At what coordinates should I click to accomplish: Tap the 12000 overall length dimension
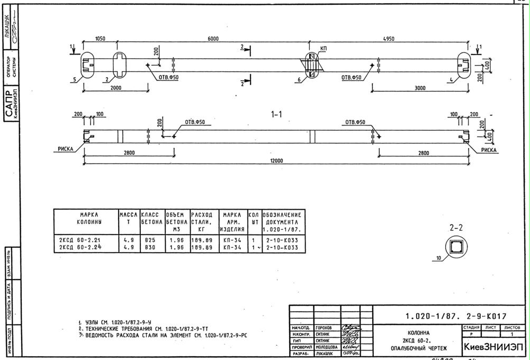[276, 161]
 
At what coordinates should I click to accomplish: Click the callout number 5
[75, 79]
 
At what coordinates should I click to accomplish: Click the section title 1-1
[276, 114]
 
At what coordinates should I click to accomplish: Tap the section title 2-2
[456, 228]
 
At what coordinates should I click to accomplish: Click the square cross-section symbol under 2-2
[455, 247]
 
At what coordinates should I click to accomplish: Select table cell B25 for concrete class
[150, 240]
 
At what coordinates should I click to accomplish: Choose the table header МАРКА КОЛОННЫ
[85, 219]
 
